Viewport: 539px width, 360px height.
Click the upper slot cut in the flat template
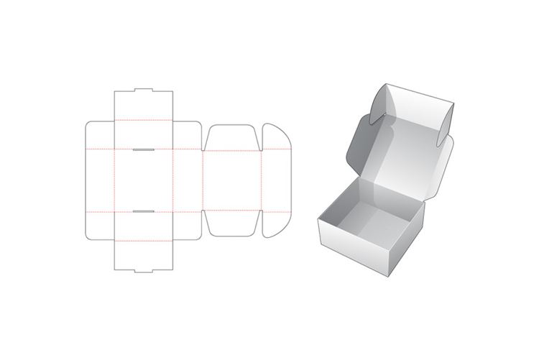(x=143, y=150)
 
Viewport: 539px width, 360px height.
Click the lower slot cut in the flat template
(x=143, y=212)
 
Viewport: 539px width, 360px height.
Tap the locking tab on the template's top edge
(x=144, y=91)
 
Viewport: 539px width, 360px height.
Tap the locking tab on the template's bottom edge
(x=144, y=271)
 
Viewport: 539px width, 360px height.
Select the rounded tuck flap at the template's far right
(x=275, y=180)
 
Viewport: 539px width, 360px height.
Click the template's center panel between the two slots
(x=144, y=181)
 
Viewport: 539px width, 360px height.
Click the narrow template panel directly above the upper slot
(x=144, y=133)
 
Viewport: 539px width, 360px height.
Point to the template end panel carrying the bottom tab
(x=144, y=255)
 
